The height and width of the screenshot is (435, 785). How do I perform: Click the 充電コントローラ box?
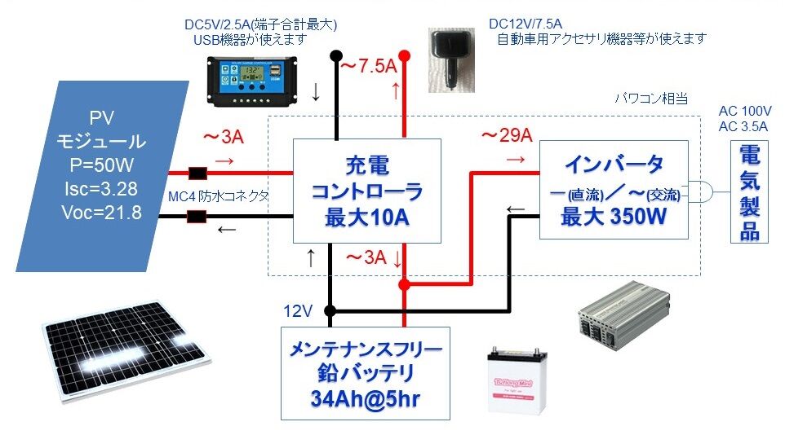[366, 191]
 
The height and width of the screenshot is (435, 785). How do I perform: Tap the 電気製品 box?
[749, 193]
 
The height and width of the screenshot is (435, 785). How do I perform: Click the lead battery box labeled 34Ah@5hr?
[365, 373]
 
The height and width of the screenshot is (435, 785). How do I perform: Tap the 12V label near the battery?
[297, 310]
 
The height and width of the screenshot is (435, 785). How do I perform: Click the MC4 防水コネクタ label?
[218, 196]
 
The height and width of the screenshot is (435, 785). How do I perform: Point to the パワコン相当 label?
[651, 99]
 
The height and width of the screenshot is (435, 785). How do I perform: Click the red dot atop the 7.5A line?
[404, 55]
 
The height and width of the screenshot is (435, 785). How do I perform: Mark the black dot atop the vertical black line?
[334, 55]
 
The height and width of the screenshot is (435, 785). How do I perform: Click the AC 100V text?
[745, 111]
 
